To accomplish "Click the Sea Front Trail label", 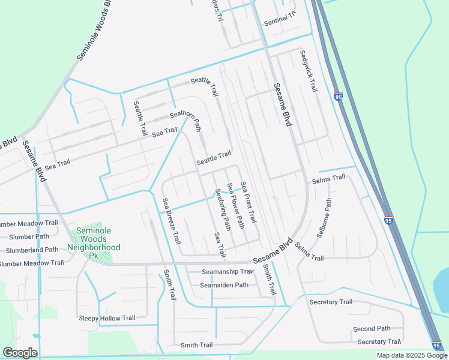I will click(x=248, y=203).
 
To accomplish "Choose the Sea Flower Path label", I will click(x=235, y=206).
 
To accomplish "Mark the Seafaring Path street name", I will click(x=222, y=209).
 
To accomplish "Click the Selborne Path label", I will click(x=324, y=218).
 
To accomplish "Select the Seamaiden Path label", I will click(x=224, y=285).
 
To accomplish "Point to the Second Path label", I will click(x=372, y=329).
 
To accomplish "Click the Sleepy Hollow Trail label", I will click(x=107, y=318).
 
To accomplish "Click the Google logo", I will click(x=20, y=353).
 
